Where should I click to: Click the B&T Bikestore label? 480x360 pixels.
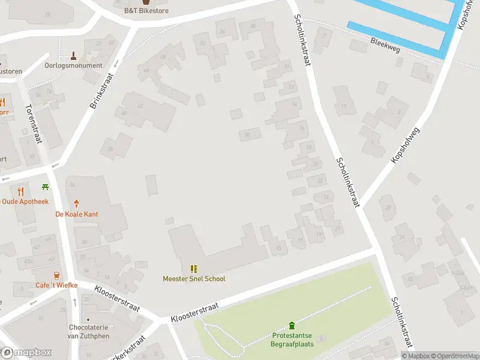pos(146,11)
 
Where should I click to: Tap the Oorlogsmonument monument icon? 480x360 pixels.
pos(74,56)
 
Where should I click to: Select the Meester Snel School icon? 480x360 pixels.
pos(194,269)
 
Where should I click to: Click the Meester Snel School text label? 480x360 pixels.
pos(194,278)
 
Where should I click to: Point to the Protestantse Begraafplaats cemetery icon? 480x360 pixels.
pos(292,326)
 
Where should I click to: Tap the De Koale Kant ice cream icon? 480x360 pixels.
pos(76,204)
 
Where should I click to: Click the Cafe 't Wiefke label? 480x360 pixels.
pos(56,285)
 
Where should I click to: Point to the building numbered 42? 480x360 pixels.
pos(140,106)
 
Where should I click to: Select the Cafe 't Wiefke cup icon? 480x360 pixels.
pos(56,275)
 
